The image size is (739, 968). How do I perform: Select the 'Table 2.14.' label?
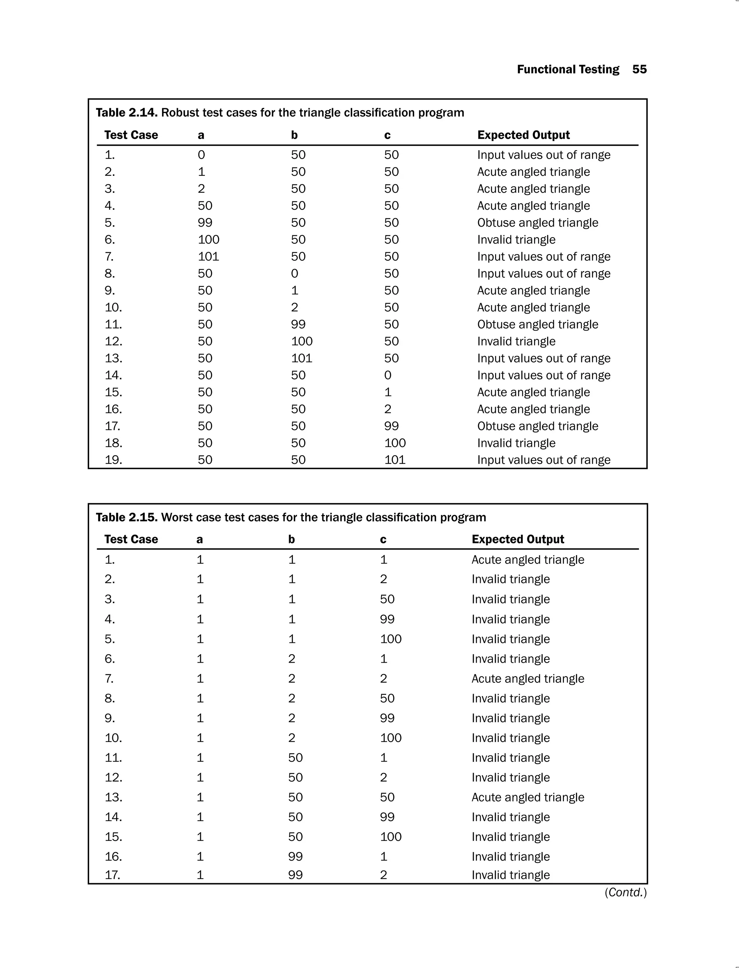pos(126,113)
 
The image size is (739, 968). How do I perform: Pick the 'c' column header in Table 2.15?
pos(383,540)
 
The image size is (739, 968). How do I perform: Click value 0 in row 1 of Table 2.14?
pos(201,155)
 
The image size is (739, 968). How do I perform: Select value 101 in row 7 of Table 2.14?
pos(208,257)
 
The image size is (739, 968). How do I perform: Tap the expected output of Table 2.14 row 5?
pos(538,223)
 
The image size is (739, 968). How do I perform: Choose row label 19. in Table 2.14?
pos(113,460)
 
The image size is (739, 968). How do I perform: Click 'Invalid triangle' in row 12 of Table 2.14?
pos(516,341)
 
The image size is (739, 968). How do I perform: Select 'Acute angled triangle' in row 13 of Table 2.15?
pos(528,797)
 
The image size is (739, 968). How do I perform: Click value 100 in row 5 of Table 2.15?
pos(391,639)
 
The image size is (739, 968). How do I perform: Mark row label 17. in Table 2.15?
pos(113,875)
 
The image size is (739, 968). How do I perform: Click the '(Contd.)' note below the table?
pos(625,892)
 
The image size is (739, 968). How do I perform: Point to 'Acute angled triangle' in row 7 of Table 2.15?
pos(528,679)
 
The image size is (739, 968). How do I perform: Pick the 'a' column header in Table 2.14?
pos(201,135)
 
